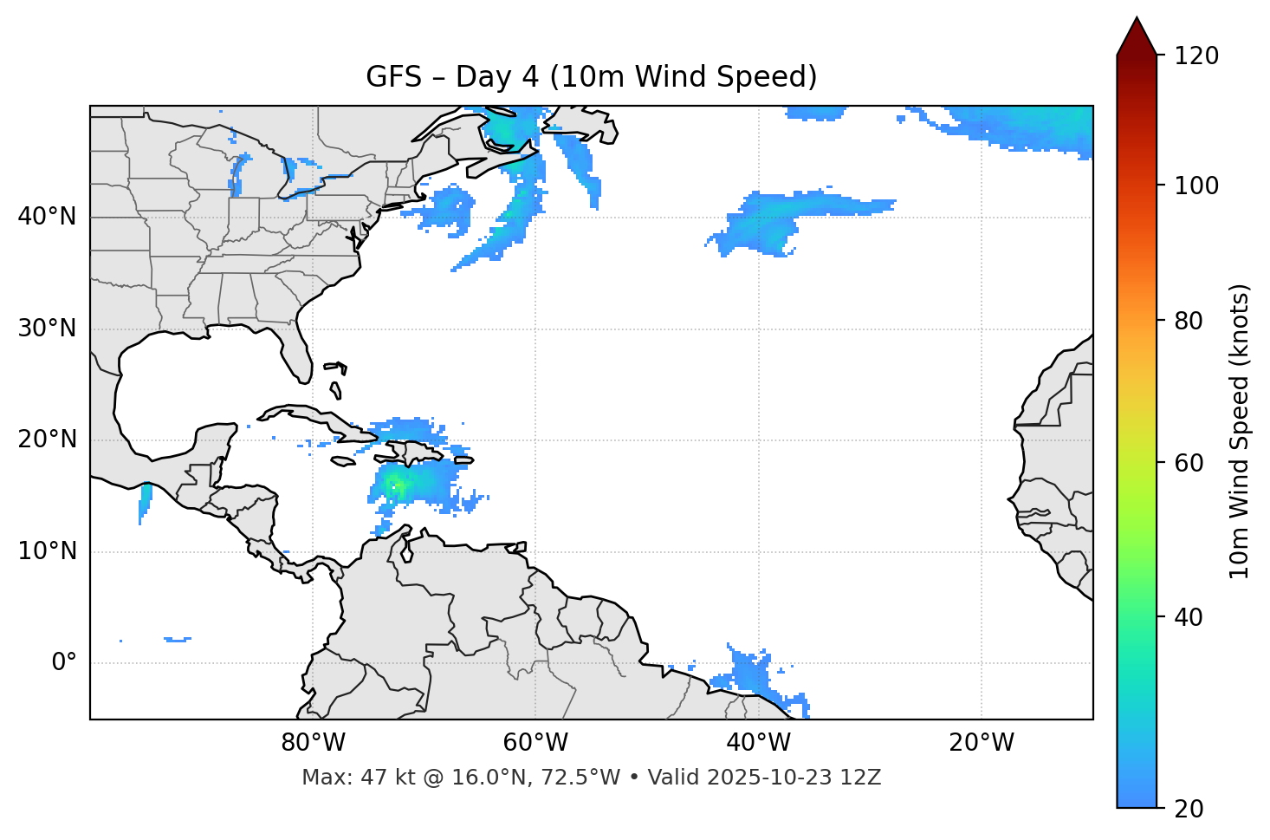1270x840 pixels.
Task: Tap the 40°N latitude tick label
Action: pos(47,217)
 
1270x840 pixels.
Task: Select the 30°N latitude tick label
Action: pos(47,329)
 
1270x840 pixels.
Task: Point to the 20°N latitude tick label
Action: pos(47,440)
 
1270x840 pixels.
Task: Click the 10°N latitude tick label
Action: pos(47,551)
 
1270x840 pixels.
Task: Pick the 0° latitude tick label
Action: pos(63,663)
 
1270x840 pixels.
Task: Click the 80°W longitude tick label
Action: pos(313,743)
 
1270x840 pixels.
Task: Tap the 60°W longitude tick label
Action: pos(535,743)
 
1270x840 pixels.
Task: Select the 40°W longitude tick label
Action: pos(758,743)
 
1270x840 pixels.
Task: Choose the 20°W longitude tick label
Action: pos(981,743)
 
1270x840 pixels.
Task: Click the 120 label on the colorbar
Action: pos(1196,55)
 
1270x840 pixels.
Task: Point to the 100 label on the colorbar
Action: pos(1196,186)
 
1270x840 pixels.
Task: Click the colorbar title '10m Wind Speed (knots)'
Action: pos(1240,431)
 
